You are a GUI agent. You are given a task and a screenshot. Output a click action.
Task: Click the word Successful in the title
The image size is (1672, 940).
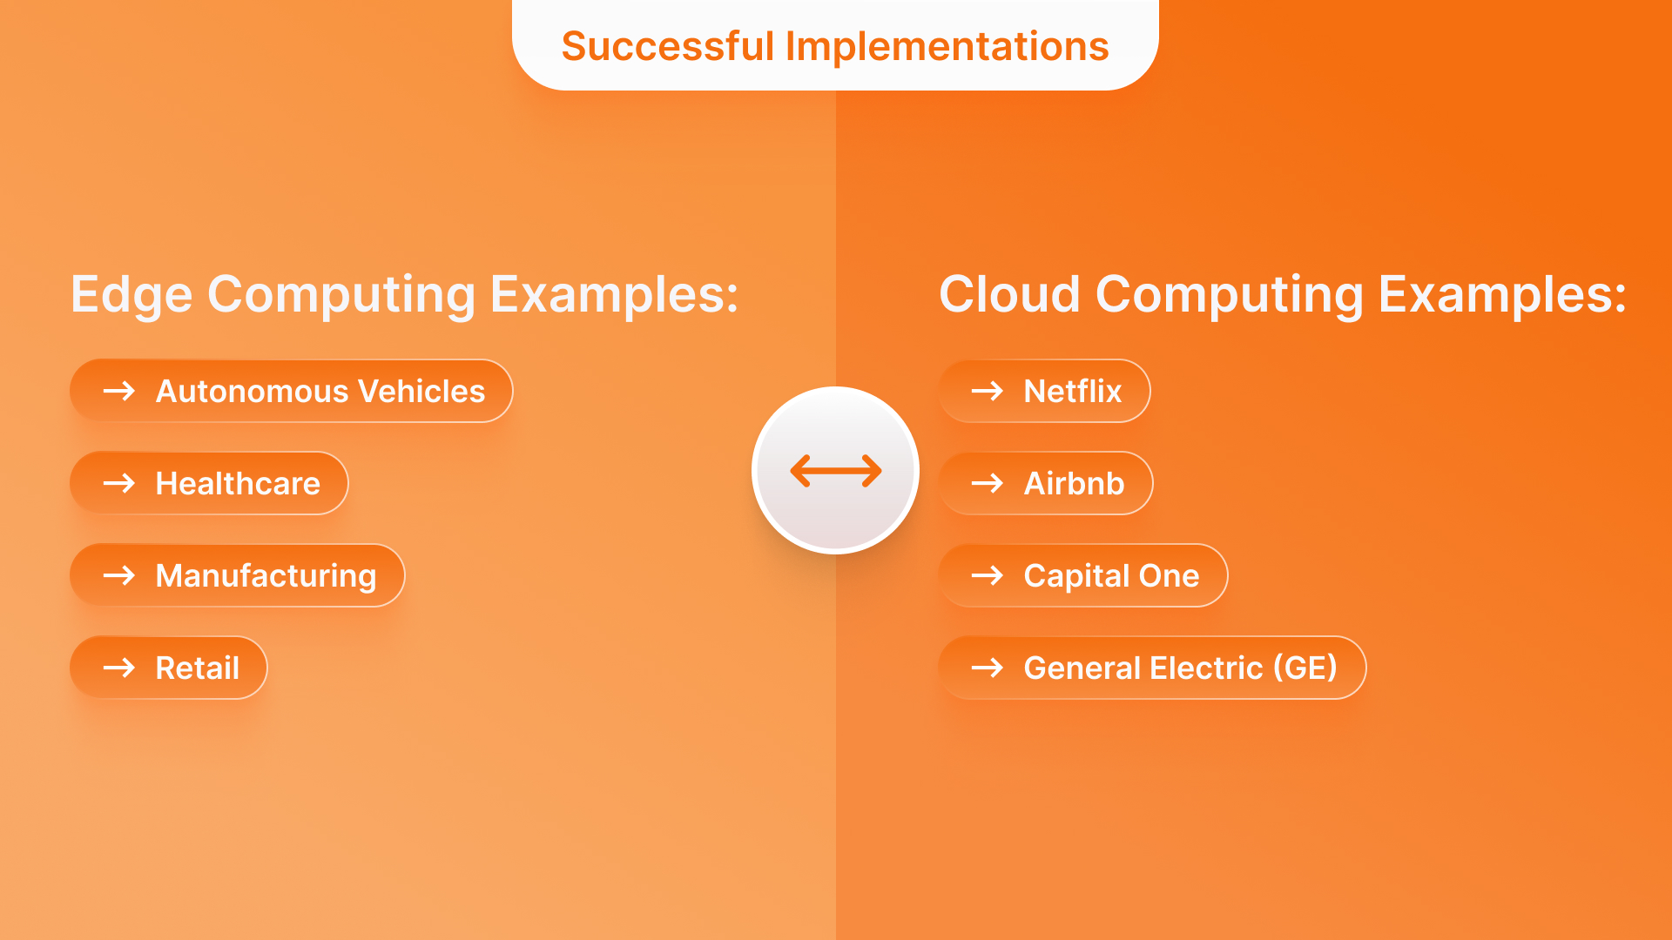[x=667, y=46]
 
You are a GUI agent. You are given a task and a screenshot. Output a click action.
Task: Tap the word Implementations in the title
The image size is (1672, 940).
[x=947, y=46]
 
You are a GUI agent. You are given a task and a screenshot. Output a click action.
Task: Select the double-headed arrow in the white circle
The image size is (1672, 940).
[x=835, y=471]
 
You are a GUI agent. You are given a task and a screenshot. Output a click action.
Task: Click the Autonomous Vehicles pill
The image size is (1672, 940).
[x=291, y=391]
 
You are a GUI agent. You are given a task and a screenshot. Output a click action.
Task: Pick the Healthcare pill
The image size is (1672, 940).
[x=209, y=483]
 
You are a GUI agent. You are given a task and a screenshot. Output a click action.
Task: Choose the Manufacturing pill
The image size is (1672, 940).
[x=237, y=575]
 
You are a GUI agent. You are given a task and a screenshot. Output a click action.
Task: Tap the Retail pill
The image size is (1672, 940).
[x=168, y=668]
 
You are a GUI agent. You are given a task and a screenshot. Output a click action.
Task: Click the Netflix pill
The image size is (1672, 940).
[x=1044, y=391]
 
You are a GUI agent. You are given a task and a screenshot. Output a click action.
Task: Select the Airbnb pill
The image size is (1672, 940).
[x=1045, y=483]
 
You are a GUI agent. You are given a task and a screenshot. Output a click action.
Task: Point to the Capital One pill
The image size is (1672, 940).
[x=1082, y=575]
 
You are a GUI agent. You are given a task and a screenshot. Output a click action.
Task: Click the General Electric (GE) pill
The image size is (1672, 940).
[x=1151, y=668]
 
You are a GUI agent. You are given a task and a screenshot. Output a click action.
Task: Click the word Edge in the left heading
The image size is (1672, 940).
[x=131, y=294]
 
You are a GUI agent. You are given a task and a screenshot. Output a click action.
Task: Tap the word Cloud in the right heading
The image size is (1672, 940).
[x=1008, y=294]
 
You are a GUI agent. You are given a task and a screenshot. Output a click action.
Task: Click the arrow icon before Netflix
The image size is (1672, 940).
[x=988, y=391]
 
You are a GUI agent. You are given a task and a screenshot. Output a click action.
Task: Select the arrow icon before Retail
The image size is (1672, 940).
[x=119, y=668]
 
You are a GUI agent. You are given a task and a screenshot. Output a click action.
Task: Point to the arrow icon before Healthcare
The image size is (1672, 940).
[x=119, y=483]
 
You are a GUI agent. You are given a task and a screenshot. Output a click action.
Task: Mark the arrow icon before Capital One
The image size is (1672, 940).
[x=988, y=575]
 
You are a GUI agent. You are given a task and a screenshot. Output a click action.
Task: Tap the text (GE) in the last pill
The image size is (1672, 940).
[x=1305, y=668]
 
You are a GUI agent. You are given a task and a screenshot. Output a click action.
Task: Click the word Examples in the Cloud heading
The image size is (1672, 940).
[x=1501, y=294]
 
